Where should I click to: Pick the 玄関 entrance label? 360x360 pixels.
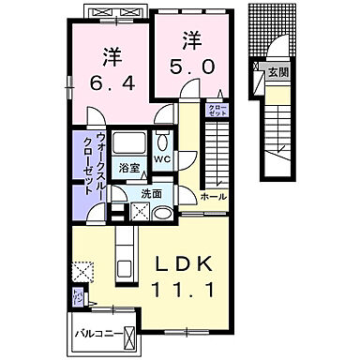pos(278,70)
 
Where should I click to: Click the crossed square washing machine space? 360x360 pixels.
pos(122,211)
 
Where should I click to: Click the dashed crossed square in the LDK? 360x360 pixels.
pos(84,273)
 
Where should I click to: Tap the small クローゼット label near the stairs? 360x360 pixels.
pos(215,111)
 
